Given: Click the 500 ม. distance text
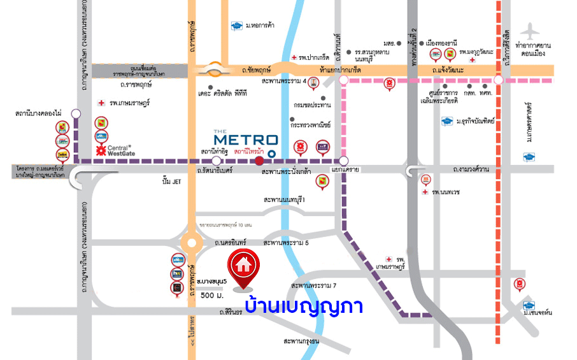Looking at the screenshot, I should click(211, 296).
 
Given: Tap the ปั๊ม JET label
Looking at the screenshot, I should click(173, 182).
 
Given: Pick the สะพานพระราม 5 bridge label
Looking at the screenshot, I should click(285, 243).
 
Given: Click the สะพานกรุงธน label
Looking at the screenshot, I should click(301, 342).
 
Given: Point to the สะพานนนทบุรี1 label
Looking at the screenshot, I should click(285, 200).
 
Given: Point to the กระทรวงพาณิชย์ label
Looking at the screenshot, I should click(311, 126).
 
